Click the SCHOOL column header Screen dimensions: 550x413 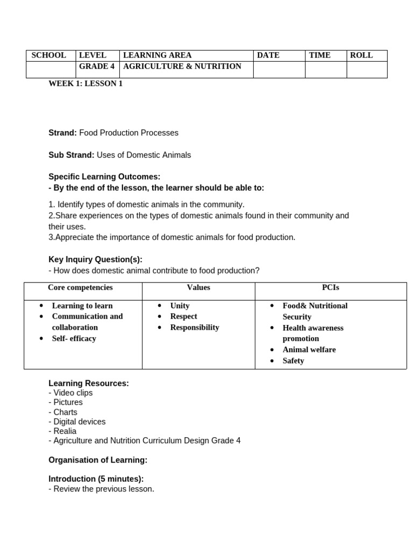tap(49, 55)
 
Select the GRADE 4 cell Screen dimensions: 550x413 tap(97, 67)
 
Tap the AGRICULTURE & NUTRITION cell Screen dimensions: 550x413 tap(182, 67)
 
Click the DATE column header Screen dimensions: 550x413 tap(268, 55)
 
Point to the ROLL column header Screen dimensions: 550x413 tap(361, 55)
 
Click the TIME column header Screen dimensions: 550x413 tap(320, 55)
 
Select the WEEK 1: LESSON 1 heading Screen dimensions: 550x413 tap(86, 84)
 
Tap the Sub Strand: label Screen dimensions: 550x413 tap(72, 155)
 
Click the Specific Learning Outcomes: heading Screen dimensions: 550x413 tap(104, 177)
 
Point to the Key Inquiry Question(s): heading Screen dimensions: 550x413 tap(95, 259)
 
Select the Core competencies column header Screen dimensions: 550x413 tap(80, 288)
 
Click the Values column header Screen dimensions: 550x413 tap(198, 288)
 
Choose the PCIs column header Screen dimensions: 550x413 tap(331, 288)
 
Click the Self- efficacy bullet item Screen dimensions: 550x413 tap(74, 338)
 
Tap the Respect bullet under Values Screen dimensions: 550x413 tap(183, 316)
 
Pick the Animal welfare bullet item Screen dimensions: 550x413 tap(309, 350)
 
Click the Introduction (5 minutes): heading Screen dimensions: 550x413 tap(96, 479)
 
